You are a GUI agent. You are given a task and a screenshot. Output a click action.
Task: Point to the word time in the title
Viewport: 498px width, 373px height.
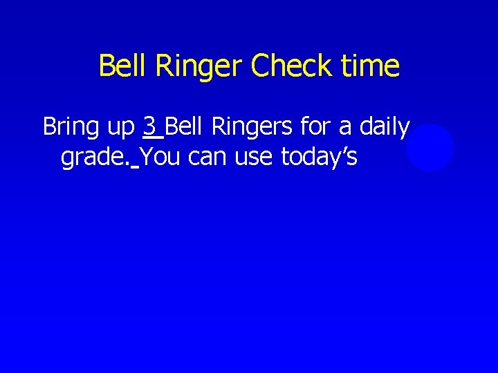tap(371, 66)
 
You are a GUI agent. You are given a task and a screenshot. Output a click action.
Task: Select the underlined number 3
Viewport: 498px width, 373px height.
tap(149, 127)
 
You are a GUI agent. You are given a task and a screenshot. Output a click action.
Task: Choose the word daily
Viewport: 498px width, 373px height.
tap(384, 128)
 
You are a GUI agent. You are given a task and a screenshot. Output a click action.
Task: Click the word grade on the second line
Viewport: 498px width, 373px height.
tap(93, 159)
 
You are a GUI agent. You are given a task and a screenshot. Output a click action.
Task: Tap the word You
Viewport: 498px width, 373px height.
tap(161, 157)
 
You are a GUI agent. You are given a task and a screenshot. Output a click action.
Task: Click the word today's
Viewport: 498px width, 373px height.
tap(319, 158)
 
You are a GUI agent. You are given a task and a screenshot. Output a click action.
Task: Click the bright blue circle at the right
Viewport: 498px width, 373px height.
tap(430, 148)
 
